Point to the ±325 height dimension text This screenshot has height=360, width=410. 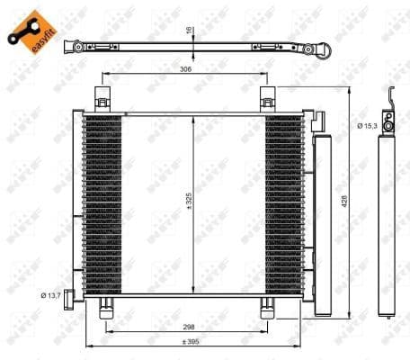click(x=190, y=206)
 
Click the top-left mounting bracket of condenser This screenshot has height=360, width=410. click(x=102, y=98)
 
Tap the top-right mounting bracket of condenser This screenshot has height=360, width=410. click(x=268, y=98)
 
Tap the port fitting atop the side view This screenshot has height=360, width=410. click(x=388, y=121)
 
